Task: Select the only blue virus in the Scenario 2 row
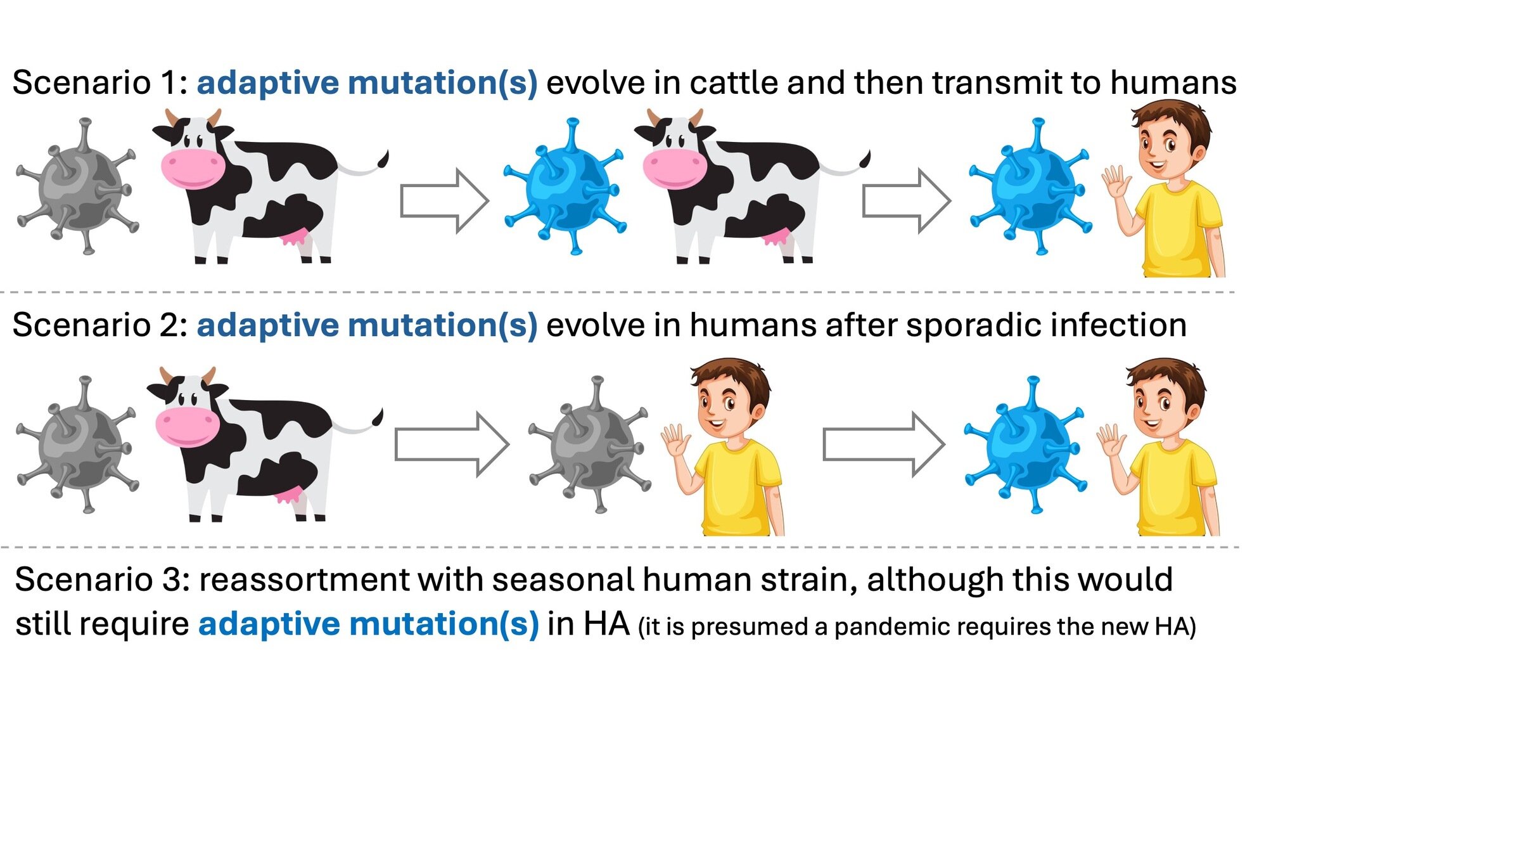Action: (x=1025, y=445)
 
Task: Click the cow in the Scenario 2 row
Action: (x=260, y=444)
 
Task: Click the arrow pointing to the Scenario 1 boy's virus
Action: (x=906, y=201)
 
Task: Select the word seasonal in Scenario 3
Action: (x=563, y=580)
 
